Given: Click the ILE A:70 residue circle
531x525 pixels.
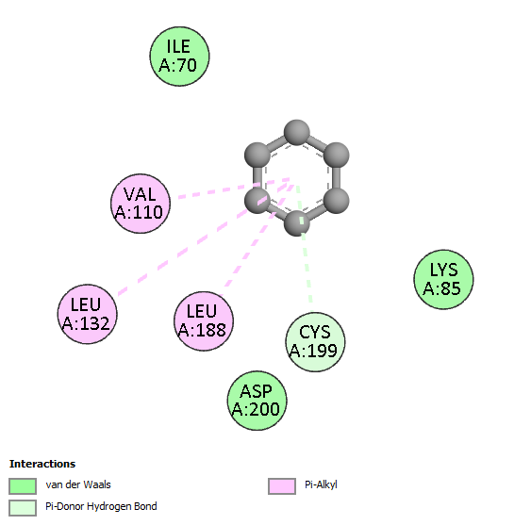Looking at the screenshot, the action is point(179,57).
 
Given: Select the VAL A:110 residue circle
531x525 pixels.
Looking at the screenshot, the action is point(141,204).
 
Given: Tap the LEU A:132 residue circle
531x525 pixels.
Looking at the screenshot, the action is point(88,314).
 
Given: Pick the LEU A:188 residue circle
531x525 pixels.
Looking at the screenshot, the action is point(204,320).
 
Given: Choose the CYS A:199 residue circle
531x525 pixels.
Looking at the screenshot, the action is point(315,342).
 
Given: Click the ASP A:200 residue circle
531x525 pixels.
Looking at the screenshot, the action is point(257,401).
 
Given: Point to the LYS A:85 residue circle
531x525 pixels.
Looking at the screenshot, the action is point(443,279).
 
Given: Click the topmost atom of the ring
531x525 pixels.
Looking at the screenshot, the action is point(297,132).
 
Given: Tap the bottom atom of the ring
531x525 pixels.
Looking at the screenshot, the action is point(297,223).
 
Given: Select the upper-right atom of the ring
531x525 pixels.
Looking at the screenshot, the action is point(337,155).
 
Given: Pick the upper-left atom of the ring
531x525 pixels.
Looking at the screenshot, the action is point(257,155).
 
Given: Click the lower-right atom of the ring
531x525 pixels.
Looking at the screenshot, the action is point(337,201).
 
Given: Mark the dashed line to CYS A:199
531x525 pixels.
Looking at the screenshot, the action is point(304,244).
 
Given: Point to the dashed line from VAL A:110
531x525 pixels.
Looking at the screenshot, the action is point(234,188).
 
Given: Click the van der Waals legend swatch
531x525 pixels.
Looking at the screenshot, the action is point(23,486).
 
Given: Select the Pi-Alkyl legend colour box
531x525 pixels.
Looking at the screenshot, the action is point(282,486).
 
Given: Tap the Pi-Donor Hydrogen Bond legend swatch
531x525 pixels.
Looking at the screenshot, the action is point(23,508).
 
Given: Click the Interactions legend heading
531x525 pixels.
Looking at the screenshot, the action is point(42,464).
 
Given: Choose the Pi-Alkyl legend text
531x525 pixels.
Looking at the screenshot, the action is point(321,485).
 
